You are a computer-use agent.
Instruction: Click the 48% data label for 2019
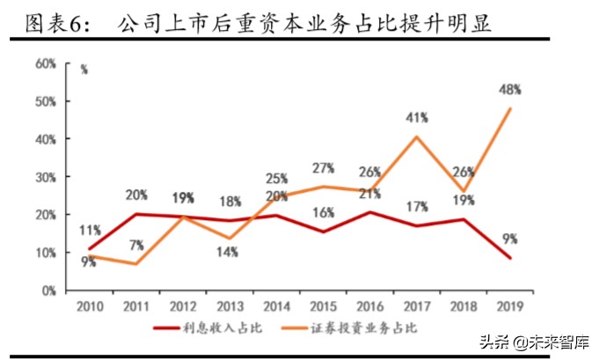pyautogui.click(x=508, y=89)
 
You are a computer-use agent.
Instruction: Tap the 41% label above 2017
pyautogui.click(x=417, y=116)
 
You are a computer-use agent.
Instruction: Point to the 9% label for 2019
pyautogui.click(x=508, y=237)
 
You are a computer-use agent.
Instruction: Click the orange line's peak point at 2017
pyautogui.click(x=416, y=136)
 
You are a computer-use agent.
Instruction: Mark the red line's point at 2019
pyautogui.click(x=509, y=258)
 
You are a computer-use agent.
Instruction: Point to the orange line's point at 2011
pyautogui.click(x=136, y=263)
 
